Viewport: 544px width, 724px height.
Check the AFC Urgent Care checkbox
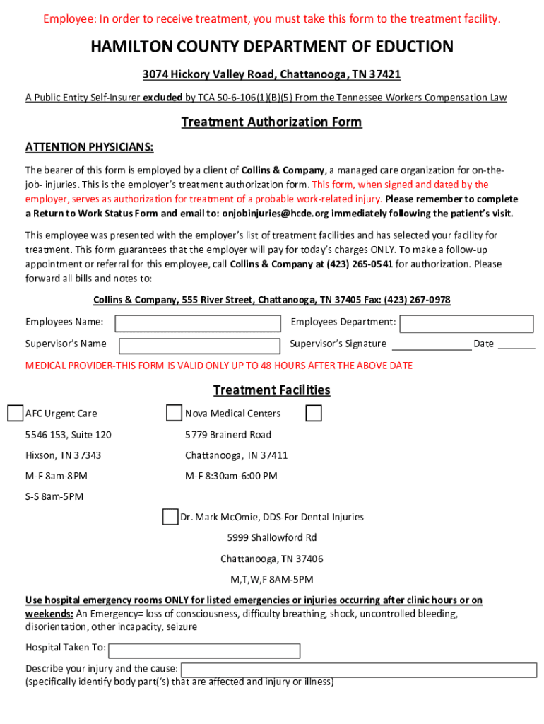(15, 413)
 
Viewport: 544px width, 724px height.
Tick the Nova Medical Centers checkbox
(174, 413)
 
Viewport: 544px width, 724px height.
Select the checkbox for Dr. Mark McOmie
(170, 517)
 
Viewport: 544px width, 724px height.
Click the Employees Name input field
(198, 323)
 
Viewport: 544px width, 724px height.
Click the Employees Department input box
(466, 323)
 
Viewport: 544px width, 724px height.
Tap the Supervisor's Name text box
(200, 345)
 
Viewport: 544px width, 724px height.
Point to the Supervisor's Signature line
(432, 344)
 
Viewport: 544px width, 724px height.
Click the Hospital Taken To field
(205, 650)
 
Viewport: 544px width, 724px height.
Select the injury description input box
(358, 670)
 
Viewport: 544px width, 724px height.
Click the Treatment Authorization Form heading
(271, 122)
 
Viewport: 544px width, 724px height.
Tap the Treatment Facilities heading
(271, 390)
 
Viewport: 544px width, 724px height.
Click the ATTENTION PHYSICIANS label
(89, 148)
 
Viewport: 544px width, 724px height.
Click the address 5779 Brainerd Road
(227, 434)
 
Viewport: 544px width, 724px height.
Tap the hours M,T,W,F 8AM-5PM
(271, 580)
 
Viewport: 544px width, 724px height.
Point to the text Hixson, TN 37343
(63, 455)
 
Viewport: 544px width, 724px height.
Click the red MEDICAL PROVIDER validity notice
(219, 366)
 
